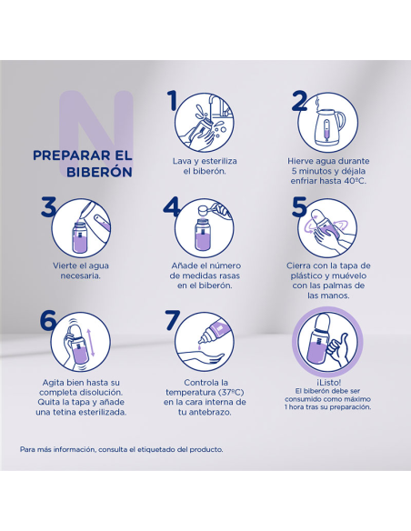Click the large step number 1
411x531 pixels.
pos(173,101)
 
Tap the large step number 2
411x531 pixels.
pos(299,101)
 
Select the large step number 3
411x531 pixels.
pos(48,206)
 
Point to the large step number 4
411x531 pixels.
pos(171,206)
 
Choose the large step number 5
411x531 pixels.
pos(299,206)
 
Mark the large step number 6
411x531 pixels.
pos(47,320)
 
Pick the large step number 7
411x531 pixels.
pos(173,320)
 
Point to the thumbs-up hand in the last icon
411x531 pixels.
pos(338,350)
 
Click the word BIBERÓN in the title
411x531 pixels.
pos(99,172)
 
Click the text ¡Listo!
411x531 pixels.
pos(328,382)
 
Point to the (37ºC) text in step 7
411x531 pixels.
pos(231,393)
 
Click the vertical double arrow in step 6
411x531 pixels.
pos(93,342)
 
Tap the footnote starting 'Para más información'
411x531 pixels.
pos(122,450)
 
